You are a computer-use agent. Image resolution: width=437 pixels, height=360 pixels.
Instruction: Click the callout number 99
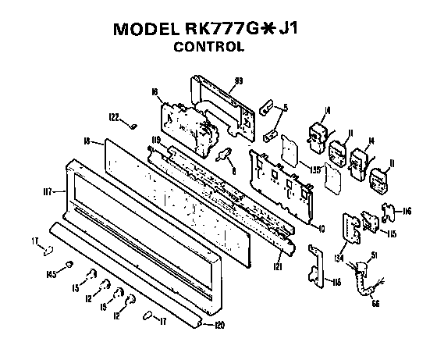239,81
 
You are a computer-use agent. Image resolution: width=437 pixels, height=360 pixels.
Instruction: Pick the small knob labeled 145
69,266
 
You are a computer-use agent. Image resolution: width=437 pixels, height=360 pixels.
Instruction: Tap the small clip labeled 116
387,210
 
